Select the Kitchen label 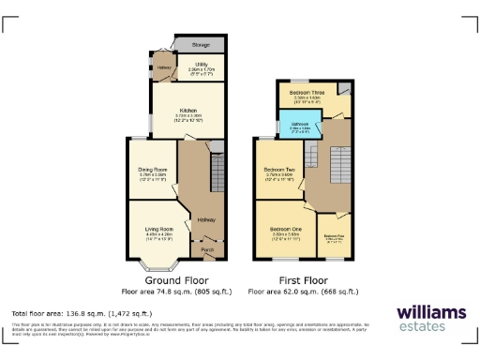click(x=187, y=111)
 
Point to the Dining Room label click(x=152, y=168)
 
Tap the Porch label click(x=206, y=250)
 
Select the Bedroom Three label click(x=307, y=93)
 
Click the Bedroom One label click(x=286, y=230)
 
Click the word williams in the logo click(x=431, y=312)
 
